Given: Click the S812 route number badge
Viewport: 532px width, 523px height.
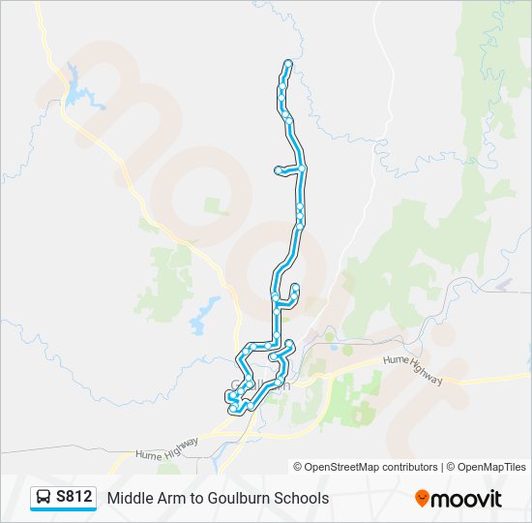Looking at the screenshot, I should pos(74,497).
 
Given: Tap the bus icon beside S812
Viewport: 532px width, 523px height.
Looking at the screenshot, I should pos(44,498).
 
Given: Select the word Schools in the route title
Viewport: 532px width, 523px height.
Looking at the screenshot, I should pos(300,498).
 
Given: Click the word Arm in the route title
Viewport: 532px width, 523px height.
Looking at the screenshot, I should pos(174,498).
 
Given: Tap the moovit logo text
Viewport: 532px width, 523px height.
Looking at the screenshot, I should pos(467,499).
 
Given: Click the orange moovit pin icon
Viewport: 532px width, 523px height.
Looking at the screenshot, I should pos(422,499).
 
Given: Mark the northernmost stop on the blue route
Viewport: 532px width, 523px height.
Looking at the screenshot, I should pos(288,64).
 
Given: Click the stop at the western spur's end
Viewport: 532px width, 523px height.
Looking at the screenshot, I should pos(279,170).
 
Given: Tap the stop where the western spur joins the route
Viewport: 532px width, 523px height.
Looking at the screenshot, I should pos(303,169).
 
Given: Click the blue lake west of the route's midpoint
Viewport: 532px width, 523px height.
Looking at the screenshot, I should pos(204,315).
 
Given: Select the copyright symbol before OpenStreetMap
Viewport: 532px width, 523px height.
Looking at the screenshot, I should pos(298,467).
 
